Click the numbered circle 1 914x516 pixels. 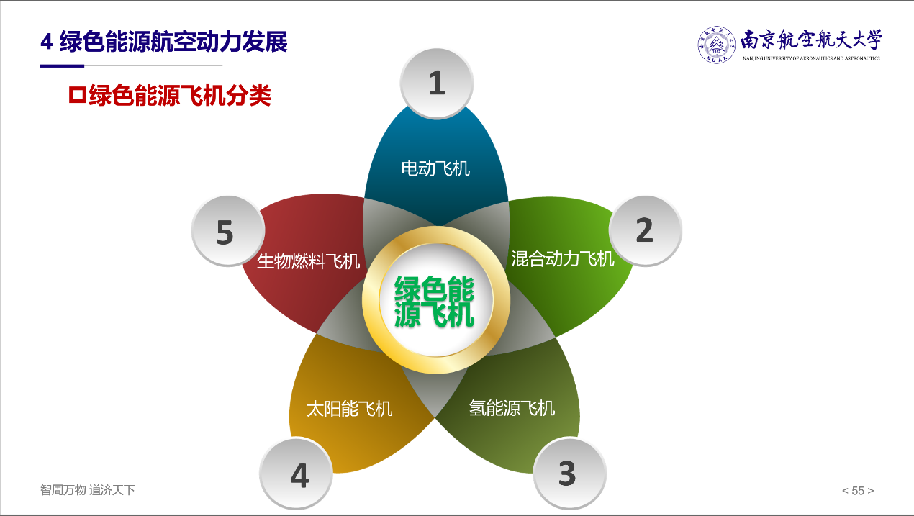[x=437, y=83]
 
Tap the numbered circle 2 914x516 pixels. [x=645, y=231]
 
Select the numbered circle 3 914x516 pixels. [x=569, y=473]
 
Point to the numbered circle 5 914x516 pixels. [x=228, y=231]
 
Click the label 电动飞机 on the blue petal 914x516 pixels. [x=435, y=168]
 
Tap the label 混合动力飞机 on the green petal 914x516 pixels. [x=563, y=258]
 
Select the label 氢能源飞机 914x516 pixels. [x=512, y=408]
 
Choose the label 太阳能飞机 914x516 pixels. [x=350, y=409]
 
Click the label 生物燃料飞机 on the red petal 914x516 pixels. [x=309, y=261]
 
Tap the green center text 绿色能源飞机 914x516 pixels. [x=434, y=302]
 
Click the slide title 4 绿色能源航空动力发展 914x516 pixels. [x=164, y=42]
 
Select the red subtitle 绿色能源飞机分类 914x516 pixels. [x=180, y=96]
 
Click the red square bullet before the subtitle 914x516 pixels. [x=77, y=95]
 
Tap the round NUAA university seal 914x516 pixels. [x=716, y=45]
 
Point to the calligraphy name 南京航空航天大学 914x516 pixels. [x=811, y=41]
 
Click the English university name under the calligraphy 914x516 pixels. [x=811, y=59]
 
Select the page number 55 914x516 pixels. [x=858, y=490]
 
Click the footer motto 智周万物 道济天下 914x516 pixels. [x=87, y=490]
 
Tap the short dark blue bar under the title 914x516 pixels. [x=62, y=65]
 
